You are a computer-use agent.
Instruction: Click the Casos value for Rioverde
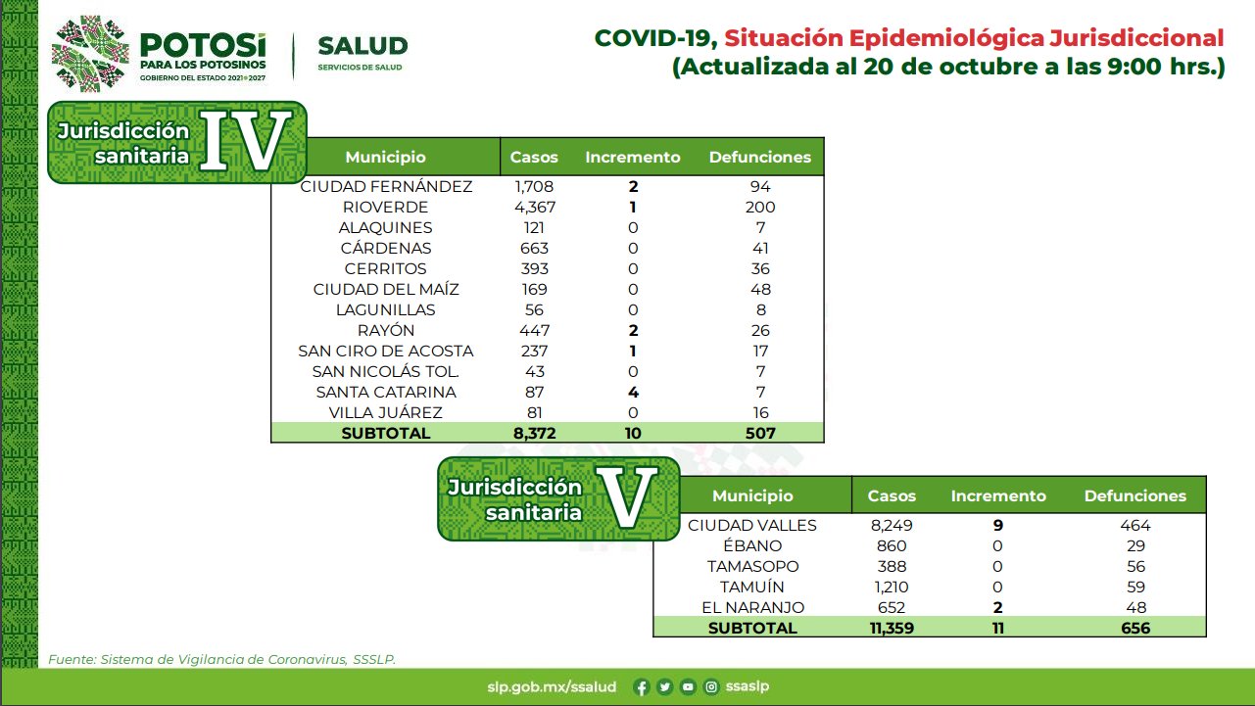[x=535, y=208]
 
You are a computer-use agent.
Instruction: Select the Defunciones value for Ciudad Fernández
[x=760, y=186]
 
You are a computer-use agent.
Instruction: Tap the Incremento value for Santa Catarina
[x=633, y=392]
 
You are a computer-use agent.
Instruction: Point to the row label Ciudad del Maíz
[x=386, y=289]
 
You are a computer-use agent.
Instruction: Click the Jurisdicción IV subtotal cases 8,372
[x=535, y=433]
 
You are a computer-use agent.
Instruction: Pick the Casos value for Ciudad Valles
[x=892, y=525]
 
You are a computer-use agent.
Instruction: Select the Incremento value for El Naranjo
[x=997, y=607]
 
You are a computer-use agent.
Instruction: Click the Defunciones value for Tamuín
[x=1135, y=587]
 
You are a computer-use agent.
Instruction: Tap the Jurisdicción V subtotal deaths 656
[x=1135, y=628]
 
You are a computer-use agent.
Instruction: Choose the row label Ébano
[x=752, y=545]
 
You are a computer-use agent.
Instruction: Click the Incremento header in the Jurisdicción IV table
[x=633, y=157]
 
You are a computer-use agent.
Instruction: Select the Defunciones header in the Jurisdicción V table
[x=1135, y=495]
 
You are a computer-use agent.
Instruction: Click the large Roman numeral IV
[x=245, y=141]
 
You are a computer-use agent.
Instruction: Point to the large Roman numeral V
[x=626, y=497]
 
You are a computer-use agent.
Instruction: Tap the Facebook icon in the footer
[x=642, y=687]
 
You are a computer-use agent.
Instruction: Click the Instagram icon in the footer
[x=711, y=687]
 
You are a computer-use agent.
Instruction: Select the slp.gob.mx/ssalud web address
[x=552, y=687]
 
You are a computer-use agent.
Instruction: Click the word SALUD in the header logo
[x=362, y=46]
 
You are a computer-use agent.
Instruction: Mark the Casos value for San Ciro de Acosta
[x=535, y=351]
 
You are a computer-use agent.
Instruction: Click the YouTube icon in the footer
[x=688, y=687]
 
